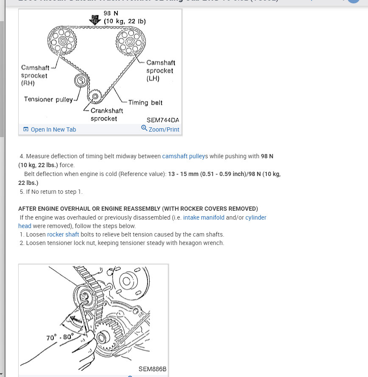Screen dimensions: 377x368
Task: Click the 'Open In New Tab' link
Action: pos(53,129)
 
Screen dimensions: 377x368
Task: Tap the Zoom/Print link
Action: pos(164,129)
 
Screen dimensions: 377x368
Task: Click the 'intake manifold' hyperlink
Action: pos(204,217)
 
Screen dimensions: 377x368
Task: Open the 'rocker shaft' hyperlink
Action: pos(63,234)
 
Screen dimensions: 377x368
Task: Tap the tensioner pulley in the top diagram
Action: pos(81,80)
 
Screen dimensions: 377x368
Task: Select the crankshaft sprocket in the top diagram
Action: pos(95,96)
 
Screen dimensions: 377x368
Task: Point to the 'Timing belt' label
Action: pos(145,102)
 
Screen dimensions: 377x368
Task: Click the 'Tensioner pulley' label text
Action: pos(48,99)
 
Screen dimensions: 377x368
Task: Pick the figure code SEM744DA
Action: pos(163,120)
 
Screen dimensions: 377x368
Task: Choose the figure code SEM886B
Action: pos(152,369)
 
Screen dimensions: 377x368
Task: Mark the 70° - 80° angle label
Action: pos(60,337)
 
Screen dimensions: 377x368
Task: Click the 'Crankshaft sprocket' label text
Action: pos(107,114)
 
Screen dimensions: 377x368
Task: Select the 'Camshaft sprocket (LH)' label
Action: pos(160,70)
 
